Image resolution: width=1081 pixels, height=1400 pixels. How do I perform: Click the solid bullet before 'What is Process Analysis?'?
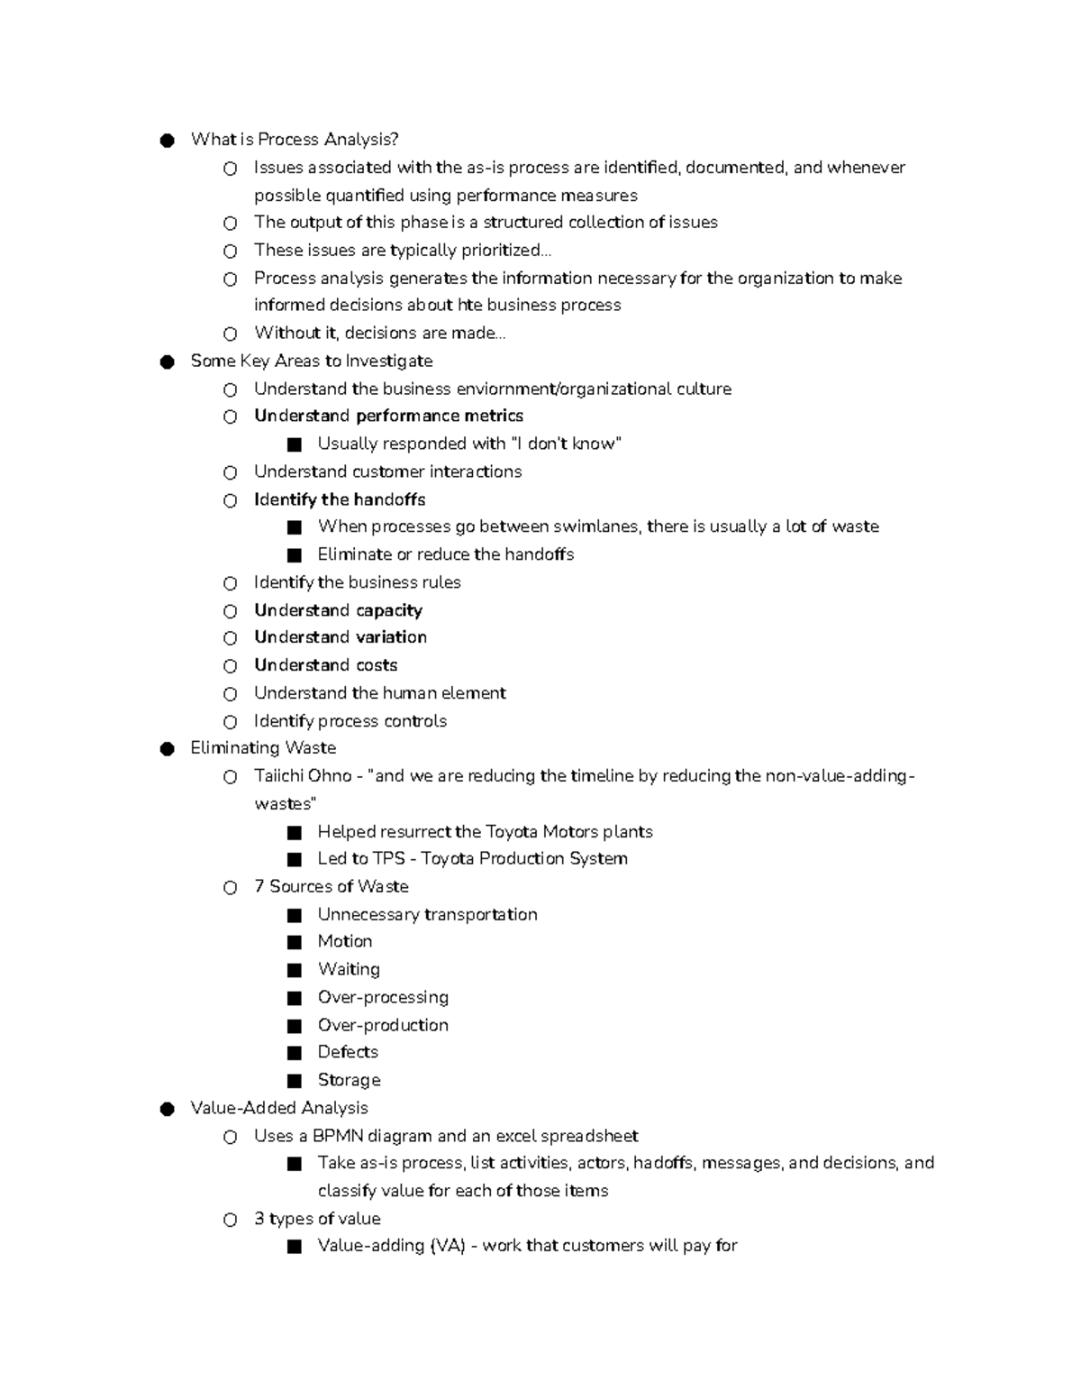coord(167,140)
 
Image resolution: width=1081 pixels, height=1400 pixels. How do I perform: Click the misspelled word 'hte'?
coord(470,305)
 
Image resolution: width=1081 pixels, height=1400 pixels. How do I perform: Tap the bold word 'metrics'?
coord(494,416)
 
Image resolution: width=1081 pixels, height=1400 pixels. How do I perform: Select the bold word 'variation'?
coord(391,637)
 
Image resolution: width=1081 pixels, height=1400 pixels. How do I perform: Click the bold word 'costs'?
coord(377,665)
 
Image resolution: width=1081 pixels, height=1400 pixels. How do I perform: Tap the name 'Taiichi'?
coord(278,776)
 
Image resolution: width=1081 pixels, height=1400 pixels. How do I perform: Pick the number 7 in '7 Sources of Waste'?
coord(259,886)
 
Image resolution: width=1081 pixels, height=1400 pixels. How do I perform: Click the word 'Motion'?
coord(345,941)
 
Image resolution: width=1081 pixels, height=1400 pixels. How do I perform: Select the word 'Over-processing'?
coord(383,997)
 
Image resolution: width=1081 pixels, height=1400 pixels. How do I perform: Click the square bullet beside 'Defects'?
coord(294,1053)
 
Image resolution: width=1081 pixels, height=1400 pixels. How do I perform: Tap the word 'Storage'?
coord(350,1080)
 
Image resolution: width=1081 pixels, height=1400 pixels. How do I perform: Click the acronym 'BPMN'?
coord(337,1136)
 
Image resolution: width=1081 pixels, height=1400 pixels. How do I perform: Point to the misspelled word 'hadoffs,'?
coord(664,1163)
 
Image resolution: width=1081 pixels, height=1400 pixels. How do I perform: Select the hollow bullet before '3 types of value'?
coord(231,1220)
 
